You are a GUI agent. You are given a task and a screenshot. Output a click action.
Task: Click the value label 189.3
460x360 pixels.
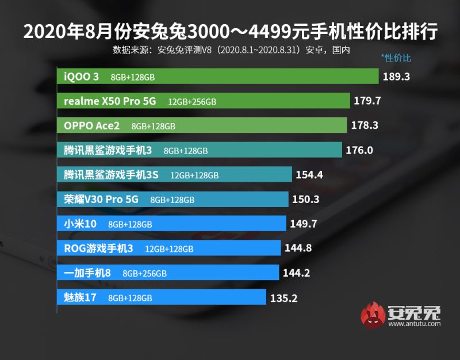coord(397,76)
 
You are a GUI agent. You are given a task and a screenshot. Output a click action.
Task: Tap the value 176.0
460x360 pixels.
coord(360,151)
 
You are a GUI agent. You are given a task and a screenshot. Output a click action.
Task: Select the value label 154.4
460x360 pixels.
coord(310,175)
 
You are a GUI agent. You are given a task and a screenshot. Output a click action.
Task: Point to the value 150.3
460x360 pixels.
coord(306,200)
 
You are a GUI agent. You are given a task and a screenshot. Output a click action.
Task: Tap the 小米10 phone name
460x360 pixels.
coord(82,224)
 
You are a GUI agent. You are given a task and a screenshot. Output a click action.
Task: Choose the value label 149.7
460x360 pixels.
coord(304,224)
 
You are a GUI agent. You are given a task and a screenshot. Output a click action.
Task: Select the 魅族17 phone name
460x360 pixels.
coord(82,298)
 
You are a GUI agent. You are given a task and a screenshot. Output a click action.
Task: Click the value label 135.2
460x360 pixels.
coord(284,298)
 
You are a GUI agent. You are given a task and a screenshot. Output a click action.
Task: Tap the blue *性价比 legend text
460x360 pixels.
coord(396,58)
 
